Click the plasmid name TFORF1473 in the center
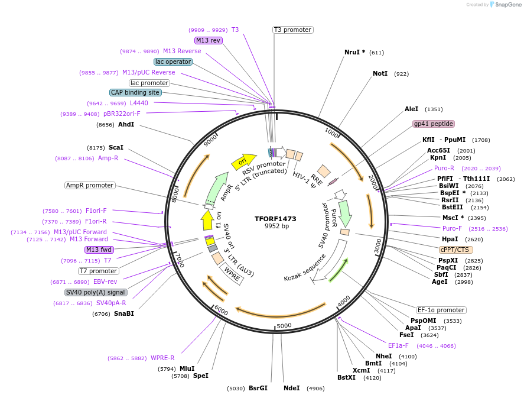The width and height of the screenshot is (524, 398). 275,218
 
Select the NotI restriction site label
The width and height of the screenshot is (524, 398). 380,73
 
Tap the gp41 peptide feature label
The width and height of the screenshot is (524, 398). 434,124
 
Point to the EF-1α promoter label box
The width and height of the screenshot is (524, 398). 441,310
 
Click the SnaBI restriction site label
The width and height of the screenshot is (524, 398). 123,313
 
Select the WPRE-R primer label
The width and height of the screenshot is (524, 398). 162,358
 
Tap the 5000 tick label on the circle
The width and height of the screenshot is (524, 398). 284,325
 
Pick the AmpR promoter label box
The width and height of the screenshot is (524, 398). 89,185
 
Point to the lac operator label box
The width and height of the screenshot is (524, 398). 173,62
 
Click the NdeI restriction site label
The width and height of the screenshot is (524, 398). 291,388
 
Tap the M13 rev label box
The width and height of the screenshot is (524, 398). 208,40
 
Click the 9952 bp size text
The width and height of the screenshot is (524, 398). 276,226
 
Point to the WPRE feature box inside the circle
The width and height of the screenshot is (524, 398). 231,274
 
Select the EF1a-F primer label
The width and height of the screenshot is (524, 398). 398,345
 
